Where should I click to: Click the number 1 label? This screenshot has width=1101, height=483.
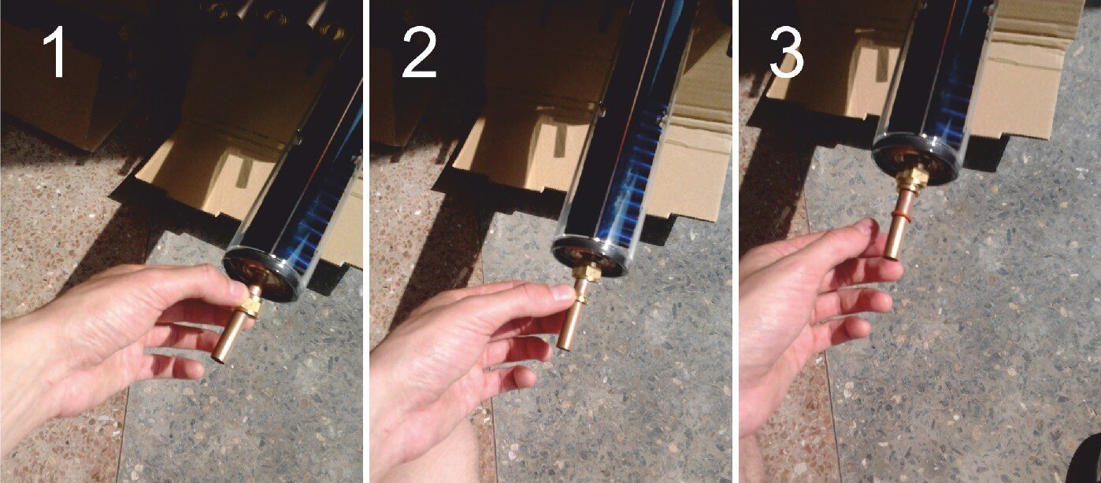tap(55, 52)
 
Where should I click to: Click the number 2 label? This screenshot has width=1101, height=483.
tap(419, 52)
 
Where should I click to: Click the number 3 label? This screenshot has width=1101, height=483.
tap(787, 52)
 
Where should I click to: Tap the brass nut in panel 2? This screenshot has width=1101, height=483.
tap(587, 272)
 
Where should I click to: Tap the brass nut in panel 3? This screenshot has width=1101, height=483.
tap(912, 179)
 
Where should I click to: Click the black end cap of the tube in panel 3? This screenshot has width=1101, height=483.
tap(915, 158)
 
